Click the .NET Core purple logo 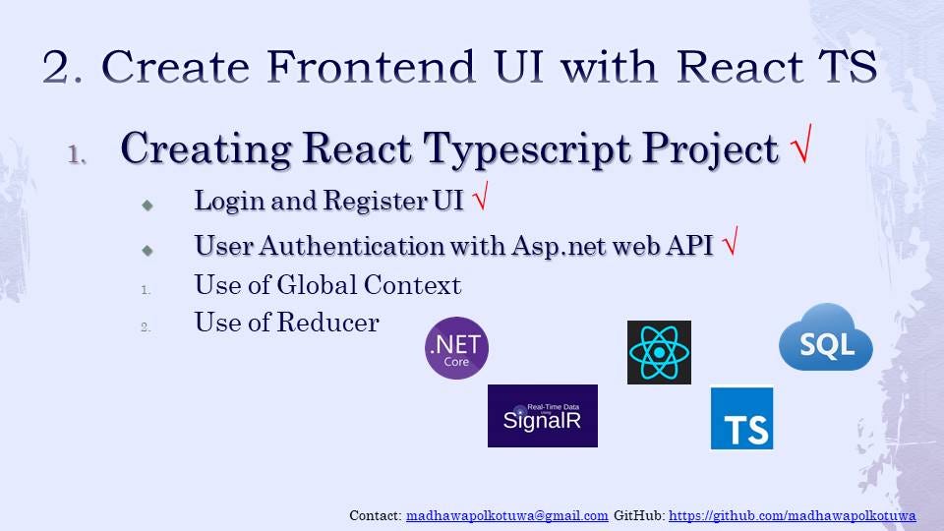(x=456, y=348)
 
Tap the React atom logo (x=659, y=352)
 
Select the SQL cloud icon (x=825, y=337)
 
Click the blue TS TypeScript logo (x=741, y=418)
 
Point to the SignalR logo (x=543, y=415)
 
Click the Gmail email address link (x=507, y=516)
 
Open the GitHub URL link (x=793, y=516)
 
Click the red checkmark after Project (x=801, y=144)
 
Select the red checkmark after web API (x=731, y=241)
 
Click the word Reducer (x=328, y=323)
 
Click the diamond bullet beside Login (x=147, y=206)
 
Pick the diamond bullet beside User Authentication (x=147, y=250)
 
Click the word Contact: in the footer (x=375, y=515)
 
